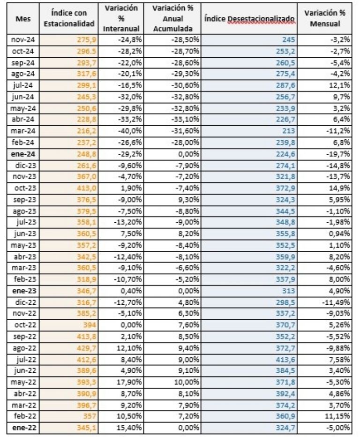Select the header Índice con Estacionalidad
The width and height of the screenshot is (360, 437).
73,19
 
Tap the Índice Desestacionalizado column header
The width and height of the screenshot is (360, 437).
248,19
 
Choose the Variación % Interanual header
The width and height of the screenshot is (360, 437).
122,19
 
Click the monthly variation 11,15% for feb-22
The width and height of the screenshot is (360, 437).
338,418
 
